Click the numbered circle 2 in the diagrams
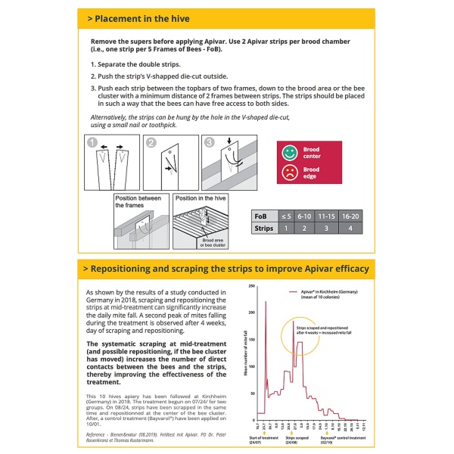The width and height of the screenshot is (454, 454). [x=150, y=141]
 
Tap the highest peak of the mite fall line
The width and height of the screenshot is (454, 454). [x=266, y=301]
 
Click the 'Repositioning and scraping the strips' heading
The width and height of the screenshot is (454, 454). [x=228, y=269]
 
